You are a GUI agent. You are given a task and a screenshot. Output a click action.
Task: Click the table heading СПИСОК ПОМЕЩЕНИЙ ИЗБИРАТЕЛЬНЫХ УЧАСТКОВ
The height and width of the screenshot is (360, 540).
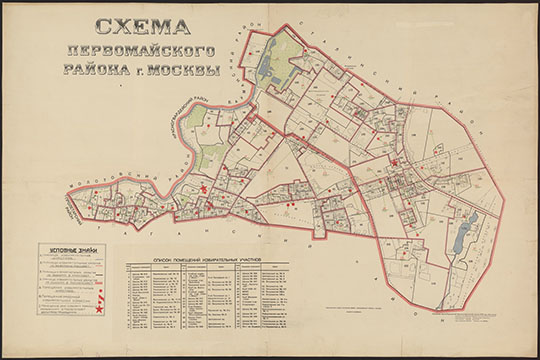[x=208, y=259]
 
